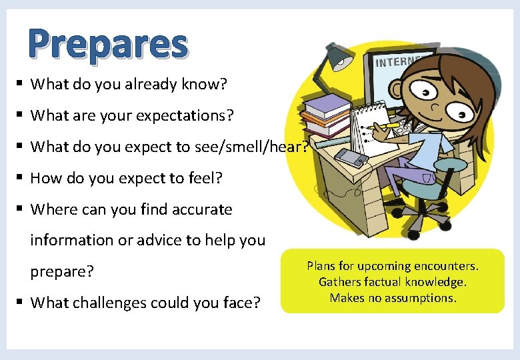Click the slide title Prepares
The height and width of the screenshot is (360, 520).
(108, 45)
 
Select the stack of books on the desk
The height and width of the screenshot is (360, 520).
(326, 114)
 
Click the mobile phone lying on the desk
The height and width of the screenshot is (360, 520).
(350, 157)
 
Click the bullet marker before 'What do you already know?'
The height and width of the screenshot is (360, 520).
(21, 84)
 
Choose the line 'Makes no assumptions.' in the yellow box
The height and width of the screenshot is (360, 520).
(393, 298)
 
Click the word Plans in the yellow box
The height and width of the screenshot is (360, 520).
(321, 266)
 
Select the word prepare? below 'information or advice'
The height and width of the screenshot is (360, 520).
(62, 272)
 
